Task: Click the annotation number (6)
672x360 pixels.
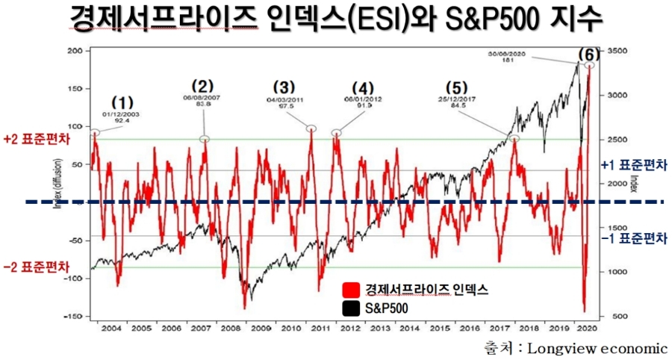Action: (589, 55)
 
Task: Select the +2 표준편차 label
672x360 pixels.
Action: (34, 140)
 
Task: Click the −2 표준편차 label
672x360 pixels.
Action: (34, 267)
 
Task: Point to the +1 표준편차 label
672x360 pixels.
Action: (633, 165)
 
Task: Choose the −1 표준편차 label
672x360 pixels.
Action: (633, 238)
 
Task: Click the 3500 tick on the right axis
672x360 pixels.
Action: (616, 51)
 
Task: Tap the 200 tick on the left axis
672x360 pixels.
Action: (75, 51)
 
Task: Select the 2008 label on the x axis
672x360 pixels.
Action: (230, 329)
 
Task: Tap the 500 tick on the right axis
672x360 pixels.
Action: (614, 317)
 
